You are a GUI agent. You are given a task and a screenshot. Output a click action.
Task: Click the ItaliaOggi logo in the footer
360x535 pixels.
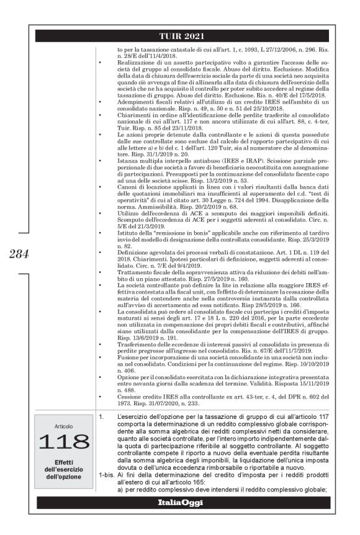click(x=180, y=502)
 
